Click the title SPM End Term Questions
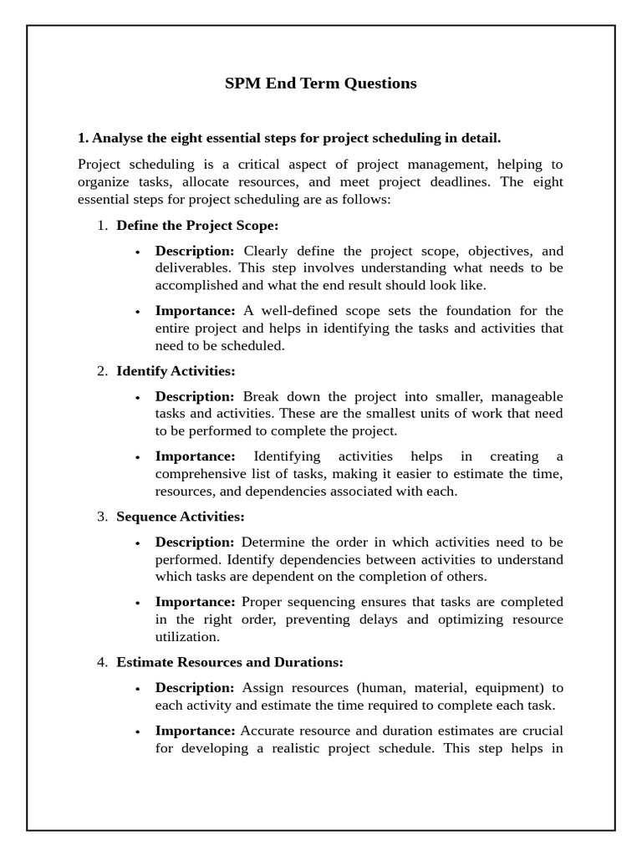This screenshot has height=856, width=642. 320,84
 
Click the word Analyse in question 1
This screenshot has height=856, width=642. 119,138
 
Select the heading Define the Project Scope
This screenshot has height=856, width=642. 197,225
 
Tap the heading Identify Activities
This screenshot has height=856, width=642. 176,370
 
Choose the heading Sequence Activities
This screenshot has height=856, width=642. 181,517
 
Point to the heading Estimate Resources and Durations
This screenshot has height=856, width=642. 230,662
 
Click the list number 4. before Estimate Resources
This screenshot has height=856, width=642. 102,662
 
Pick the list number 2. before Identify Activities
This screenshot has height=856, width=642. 102,370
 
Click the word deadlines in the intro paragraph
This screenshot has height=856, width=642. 462,182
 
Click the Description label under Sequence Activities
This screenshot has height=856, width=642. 195,543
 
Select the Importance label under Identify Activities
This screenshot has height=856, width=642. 196,456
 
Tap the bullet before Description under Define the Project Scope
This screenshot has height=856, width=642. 137,252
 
